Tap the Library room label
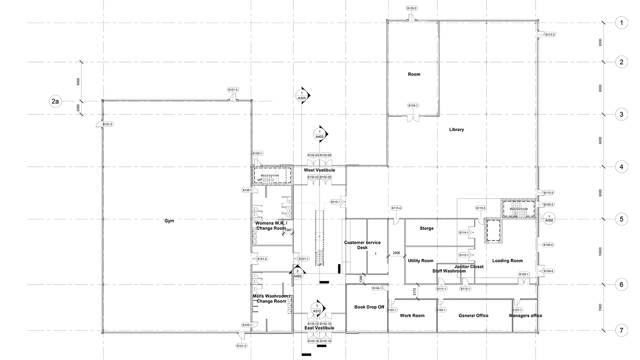(456, 130)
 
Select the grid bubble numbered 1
(621, 23)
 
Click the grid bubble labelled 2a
(56, 101)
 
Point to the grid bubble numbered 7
(621, 331)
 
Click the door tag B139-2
(411, 8)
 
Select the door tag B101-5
(108, 125)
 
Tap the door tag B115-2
(550, 34)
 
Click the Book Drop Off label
(369, 307)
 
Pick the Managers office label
(526, 315)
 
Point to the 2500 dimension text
(397, 253)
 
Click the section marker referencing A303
(302, 95)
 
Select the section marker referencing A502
(549, 218)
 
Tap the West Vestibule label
(319, 170)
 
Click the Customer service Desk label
(362, 245)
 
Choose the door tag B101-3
(241, 346)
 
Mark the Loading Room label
(508, 261)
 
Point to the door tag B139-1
(413, 106)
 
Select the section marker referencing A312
(317, 309)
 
